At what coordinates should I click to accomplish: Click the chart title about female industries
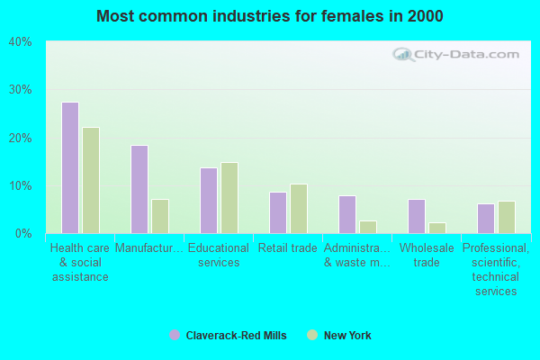pyautogui.click(x=270, y=16)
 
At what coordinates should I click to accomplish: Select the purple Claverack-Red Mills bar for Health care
pyautogui.click(x=70, y=167)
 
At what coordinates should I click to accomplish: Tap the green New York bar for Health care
pyautogui.click(x=91, y=180)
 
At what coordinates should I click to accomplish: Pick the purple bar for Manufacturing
pyautogui.click(x=139, y=189)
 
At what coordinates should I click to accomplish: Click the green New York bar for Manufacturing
pyautogui.click(x=160, y=216)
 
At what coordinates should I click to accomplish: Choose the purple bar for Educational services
pyautogui.click(x=209, y=200)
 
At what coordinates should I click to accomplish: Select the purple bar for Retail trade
pyautogui.click(x=278, y=212)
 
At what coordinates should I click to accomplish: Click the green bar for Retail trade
pyautogui.click(x=299, y=209)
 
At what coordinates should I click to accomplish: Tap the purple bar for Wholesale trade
pyautogui.click(x=417, y=216)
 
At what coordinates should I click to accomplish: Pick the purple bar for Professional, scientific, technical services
pyautogui.click(x=486, y=218)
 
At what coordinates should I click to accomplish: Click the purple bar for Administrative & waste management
pyautogui.click(x=347, y=214)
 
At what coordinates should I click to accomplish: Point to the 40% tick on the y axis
pyautogui.click(x=21, y=41)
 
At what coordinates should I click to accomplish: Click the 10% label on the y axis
pyautogui.click(x=21, y=185)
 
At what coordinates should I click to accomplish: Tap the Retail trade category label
pyautogui.click(x=288, y=248)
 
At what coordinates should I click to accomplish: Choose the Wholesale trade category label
pyautogui.click(x=427, y=255)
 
